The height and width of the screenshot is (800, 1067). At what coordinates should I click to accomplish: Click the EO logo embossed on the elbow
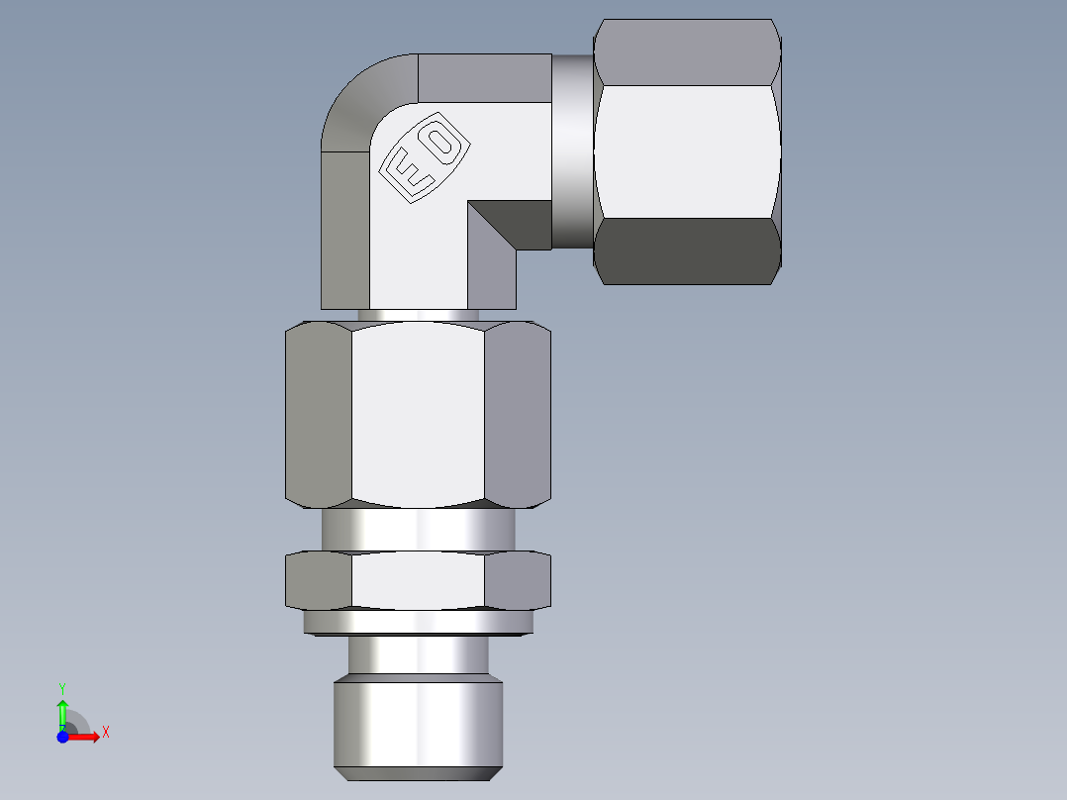[425, 158]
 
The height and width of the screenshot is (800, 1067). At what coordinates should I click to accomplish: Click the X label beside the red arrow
[106, 733]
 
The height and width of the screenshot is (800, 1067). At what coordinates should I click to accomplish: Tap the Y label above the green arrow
[62, 687]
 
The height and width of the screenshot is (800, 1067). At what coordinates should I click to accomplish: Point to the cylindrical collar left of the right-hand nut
[573, 150]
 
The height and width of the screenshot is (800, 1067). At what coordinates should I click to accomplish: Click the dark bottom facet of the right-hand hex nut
[687, 251]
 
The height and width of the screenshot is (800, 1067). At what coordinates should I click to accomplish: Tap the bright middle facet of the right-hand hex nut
[687, 150]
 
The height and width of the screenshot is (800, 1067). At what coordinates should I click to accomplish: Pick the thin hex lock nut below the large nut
[418, 580]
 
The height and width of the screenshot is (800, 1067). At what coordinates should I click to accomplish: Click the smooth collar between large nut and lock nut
[418, 529]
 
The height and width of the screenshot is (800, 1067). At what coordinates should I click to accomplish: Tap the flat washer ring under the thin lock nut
[418, 622]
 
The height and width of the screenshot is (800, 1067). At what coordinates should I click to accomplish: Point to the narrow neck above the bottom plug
[418, 653]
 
